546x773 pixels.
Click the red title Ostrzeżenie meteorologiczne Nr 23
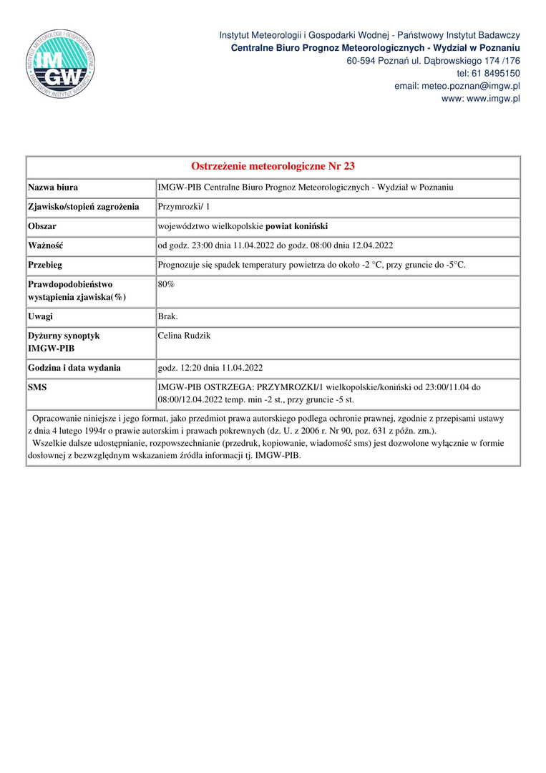pyautogui.click(x=273, y=167)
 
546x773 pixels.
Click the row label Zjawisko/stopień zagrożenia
pyautogui.click(x=83, y=207)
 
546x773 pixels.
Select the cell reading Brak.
pyautogui.click(x=168, y=316)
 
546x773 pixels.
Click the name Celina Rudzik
pyautogui.click(x=185, y=336)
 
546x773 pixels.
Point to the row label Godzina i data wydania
pyautogui.click(x=74, y=368)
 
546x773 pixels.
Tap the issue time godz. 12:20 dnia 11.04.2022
pyautogui.click(x=210, y=368)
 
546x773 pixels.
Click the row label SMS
pyautogui.click(x=37, y=387)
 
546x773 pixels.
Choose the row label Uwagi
pyautogui.click(x=40, y=316)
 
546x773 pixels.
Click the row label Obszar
pyautogui.click(x=42, y=226)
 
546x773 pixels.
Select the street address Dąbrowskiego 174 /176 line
pyautogui.click(x=433, y=61)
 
